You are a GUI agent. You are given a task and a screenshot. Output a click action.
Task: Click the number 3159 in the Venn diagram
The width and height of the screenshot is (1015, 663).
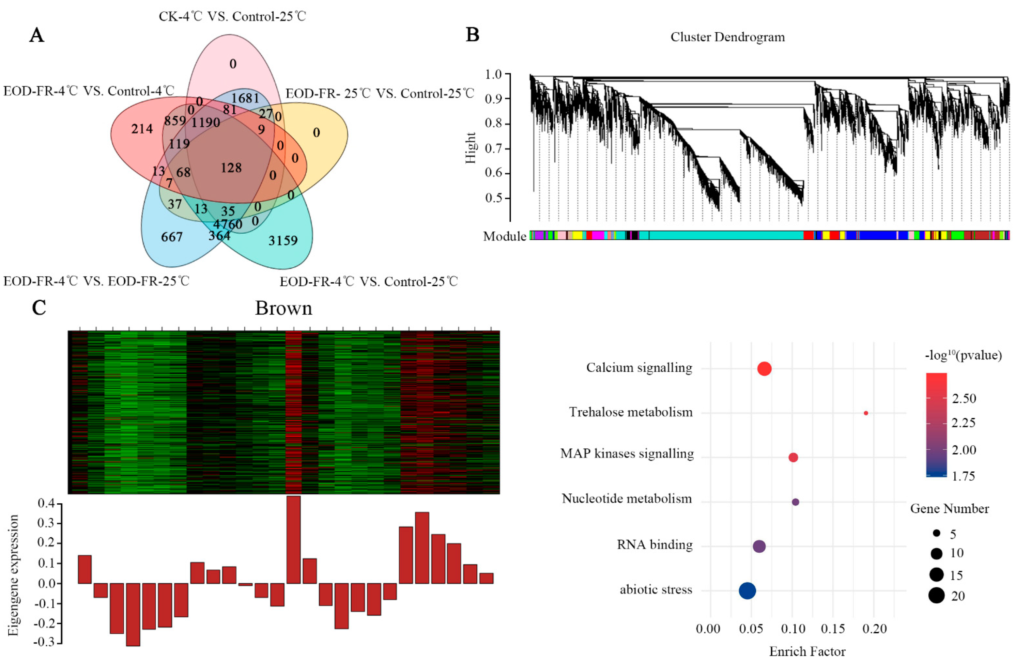[283, 241]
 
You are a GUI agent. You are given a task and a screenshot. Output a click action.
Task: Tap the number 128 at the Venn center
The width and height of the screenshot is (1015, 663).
[231, 168]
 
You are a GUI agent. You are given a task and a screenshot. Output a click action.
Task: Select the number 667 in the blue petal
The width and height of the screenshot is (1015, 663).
[172, 237]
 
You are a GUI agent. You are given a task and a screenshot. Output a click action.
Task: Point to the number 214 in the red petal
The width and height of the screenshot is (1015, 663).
[142, 128]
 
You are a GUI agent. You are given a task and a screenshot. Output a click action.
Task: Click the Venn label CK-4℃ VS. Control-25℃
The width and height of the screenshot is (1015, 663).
[232, 16]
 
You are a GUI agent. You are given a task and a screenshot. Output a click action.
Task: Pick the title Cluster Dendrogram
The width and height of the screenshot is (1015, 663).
[727, 37]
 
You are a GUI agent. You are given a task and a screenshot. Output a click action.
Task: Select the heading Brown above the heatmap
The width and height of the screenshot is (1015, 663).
[283, 308]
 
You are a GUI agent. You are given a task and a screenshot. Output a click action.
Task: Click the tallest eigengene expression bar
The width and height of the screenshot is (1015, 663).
[293, 539]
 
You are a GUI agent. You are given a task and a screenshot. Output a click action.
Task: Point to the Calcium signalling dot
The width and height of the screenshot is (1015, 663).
[764, 368]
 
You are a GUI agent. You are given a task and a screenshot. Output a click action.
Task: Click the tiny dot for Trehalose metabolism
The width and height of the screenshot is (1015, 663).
[866, 413]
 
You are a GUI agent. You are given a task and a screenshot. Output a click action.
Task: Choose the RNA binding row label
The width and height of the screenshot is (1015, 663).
[655, 544]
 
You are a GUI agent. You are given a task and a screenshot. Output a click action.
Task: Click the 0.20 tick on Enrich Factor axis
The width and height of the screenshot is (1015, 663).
[874, 629]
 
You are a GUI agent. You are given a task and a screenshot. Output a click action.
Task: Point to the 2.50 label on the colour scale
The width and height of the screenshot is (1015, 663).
[964, 398]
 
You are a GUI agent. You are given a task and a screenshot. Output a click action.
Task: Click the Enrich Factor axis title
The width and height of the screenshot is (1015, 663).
[807, 651]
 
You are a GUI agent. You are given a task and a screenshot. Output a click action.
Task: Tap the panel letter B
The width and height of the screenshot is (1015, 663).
[473, 34]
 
